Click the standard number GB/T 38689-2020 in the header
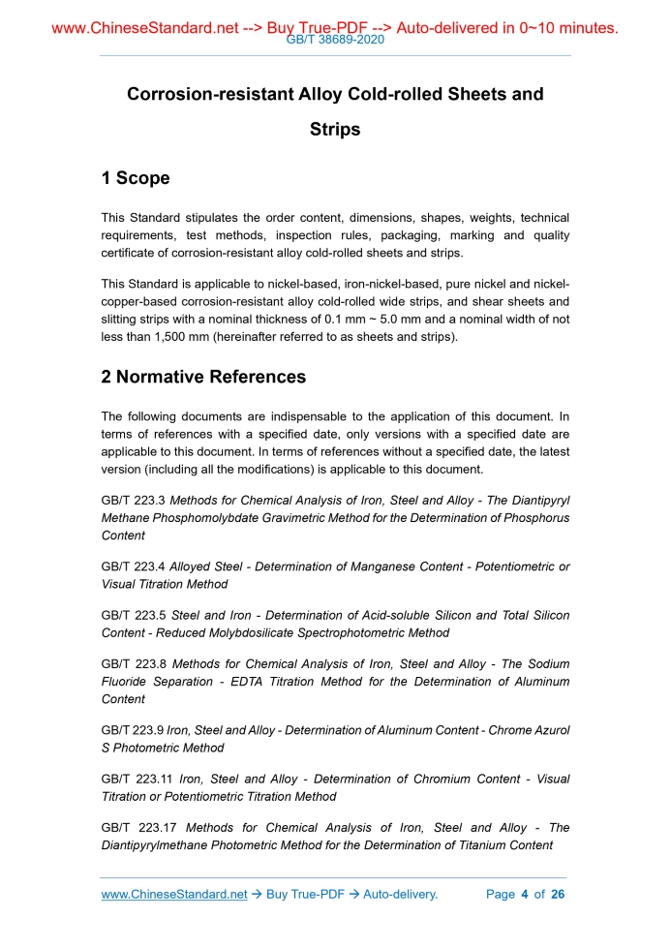coord(335,41)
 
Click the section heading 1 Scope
coord(136,178)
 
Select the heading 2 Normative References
coord(203,377)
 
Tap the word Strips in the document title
coord(335,129)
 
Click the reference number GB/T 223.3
coord(133,500)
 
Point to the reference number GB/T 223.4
coord(133,566)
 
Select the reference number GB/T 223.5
coord(133,615)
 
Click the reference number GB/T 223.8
coord(133,663)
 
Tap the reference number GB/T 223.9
coord(133,730)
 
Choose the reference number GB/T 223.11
coord(137,779)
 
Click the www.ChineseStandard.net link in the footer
coord(174,894)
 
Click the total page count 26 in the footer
coord(557,894)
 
